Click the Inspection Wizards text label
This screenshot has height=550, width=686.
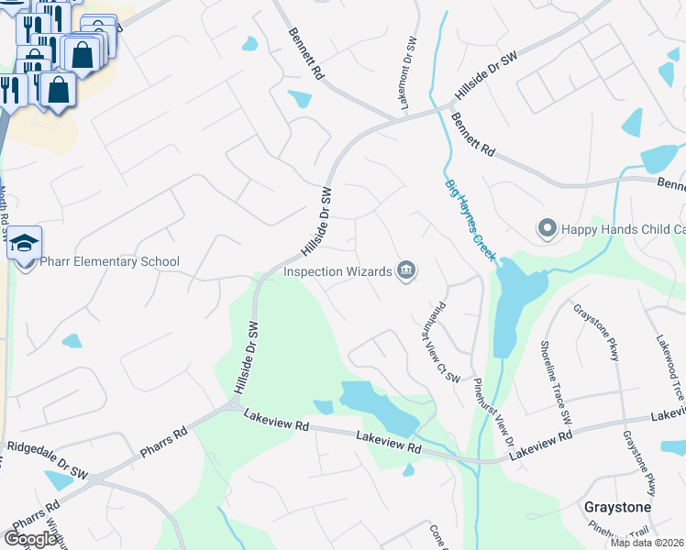pos(337,271)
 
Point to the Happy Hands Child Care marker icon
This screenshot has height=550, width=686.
pos(548,227)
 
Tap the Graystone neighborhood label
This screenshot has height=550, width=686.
pos(617,507)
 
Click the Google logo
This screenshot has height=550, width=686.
pos(30,538)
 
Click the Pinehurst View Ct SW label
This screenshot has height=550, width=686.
pos(437,342)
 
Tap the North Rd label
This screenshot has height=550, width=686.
pos(4,212)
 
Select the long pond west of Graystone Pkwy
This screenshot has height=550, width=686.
pos(506,307)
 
